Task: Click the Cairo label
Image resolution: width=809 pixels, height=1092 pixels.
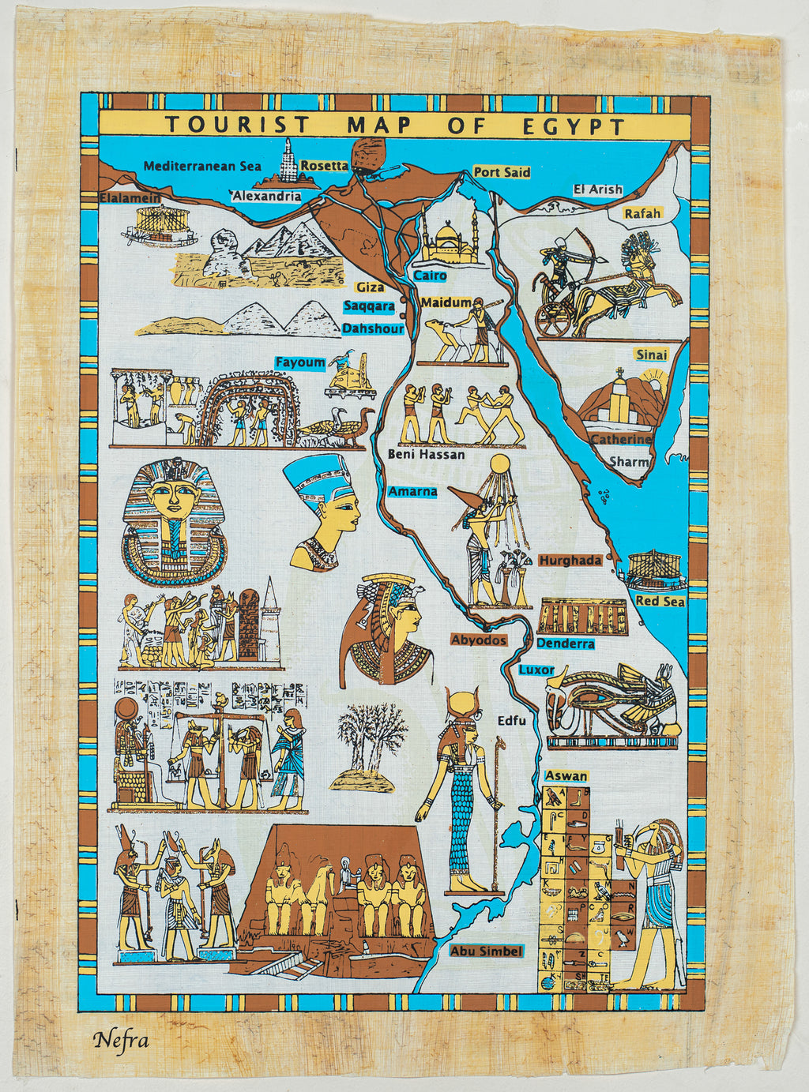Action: [x=431, y=276]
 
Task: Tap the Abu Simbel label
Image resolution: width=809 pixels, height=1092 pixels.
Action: [x=486, y=951]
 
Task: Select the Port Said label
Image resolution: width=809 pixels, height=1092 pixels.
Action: [x=502, y=172]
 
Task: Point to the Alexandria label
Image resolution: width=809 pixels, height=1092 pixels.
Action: [x=266, y=196]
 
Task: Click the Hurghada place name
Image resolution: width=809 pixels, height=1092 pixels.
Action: [x=570, y=560]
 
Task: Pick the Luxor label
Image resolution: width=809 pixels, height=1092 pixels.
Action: [x=536, y=670]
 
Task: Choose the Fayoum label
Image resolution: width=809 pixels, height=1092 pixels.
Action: [x=300, y=362]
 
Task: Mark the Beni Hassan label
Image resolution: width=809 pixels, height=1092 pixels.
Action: [x=426, y=454]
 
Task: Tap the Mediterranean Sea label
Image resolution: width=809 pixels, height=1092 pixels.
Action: [x=202, y=166]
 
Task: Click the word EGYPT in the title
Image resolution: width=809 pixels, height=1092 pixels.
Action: [x=574, y=126]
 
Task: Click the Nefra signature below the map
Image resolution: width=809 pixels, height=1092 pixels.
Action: [x=121, y=1039]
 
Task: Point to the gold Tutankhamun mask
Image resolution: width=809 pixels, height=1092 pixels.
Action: [x=173, y=521]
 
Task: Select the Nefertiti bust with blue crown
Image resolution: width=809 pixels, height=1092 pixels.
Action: [x=325, y=509]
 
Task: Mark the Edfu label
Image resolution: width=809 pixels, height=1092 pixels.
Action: [x=511, y=720]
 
